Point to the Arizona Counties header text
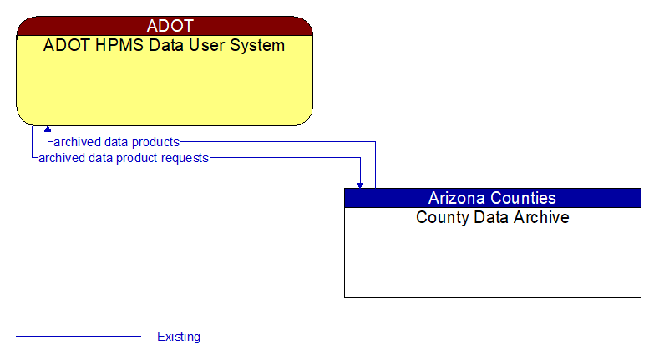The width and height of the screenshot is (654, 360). pos(492,198)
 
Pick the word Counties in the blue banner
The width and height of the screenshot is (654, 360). pos(524,198)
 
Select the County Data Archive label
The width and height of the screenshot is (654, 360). pos(492,218)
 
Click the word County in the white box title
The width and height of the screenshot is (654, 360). pos(439,218)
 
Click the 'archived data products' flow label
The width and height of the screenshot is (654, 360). pos(116,142)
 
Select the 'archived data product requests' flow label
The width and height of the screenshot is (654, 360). pos(124,157)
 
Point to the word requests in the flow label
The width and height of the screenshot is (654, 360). pos(183,157)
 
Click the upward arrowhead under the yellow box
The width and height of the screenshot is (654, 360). pos(48,130)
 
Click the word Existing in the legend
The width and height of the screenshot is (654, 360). pos(179,337)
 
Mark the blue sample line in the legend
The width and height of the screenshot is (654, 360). pos(79,337)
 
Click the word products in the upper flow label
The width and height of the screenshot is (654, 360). pos(155,142)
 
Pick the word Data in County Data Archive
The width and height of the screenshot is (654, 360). pos(487,218)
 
